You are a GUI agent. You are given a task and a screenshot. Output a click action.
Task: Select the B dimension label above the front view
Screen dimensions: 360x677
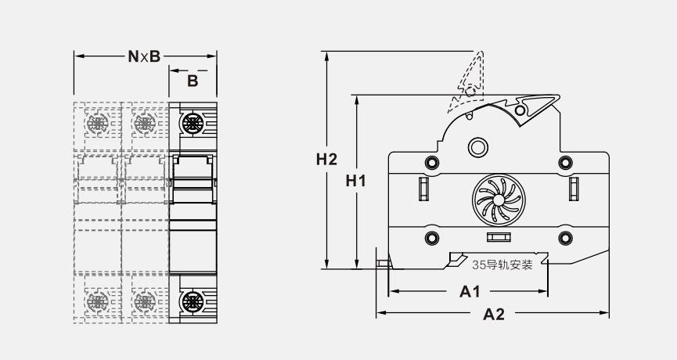[192, 80]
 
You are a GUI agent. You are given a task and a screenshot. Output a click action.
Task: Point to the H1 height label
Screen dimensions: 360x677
[356, 181]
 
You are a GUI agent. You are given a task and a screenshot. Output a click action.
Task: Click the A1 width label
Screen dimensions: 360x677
[469, 292]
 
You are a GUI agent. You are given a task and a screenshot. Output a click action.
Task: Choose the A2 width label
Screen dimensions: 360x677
[493, 315]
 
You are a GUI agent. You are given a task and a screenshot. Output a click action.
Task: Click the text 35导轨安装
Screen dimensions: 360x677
[502, 265]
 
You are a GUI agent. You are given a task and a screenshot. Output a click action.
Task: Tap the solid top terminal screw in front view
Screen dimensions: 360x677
[193, 123]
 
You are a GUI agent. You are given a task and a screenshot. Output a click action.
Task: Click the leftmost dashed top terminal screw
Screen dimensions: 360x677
[98, 124]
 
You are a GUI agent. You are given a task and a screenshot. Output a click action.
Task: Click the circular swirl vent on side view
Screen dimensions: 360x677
[495, 200]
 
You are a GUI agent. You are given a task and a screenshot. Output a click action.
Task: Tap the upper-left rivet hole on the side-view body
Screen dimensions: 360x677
[430, 162]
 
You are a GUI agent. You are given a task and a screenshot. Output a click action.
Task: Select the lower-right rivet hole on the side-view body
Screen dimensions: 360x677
[564, 238]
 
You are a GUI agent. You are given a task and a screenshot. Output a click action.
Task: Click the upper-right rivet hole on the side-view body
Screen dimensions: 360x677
[564, 162]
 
